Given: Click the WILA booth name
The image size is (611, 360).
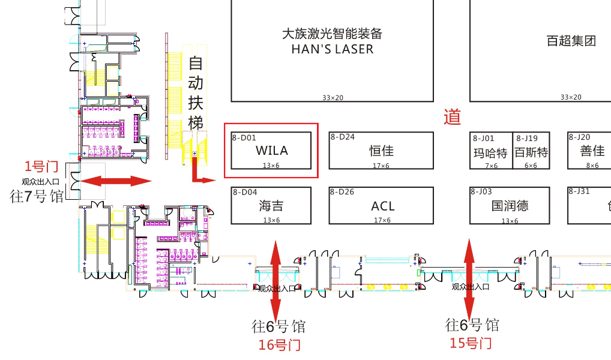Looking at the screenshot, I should [x=271, y=150].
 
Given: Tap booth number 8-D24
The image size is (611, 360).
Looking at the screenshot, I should [x=343, y=137].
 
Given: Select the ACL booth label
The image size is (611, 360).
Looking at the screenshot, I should [x=382, y=206].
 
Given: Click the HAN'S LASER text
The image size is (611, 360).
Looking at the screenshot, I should [x=332, y=49].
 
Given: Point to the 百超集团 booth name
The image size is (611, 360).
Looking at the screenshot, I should [x=571, y=41].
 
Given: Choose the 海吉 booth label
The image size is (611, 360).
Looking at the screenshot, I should [x=271, y=206].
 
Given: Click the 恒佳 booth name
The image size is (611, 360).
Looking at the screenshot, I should [x=382, y=151].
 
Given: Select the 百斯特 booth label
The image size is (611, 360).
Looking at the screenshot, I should [x=531, y=152].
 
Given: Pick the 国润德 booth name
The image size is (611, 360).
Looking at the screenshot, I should [x=510, y=206].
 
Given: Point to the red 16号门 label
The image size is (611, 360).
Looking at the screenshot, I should [x=279, y=345].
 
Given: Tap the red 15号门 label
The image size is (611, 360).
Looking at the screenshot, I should [x=471, y=343].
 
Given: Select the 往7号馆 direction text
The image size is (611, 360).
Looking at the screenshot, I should [x=37, y=196].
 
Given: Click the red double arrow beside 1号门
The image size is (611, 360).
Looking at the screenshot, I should [x=116, y=181].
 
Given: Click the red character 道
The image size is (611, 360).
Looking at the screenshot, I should [x=452, y=117].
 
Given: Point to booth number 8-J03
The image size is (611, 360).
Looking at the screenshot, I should [x=482, y=192].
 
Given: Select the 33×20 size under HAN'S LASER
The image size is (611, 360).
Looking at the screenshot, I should [x=332, y=97].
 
